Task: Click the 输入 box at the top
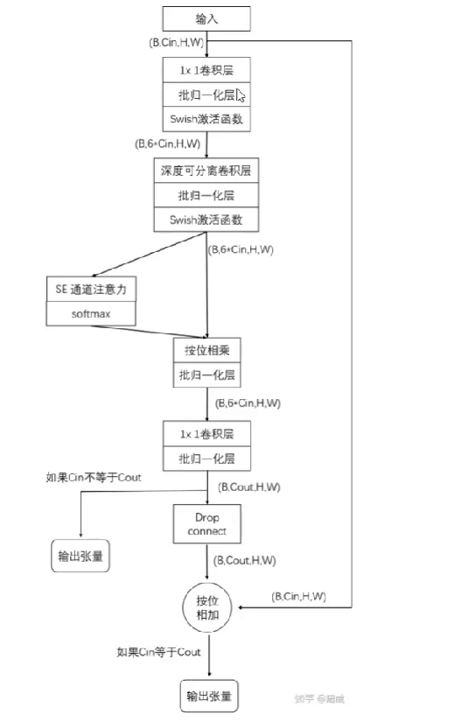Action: (206, 17)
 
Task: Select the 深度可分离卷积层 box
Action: (206, 171)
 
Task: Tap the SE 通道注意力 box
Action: (91, 288)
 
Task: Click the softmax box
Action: (91, 312)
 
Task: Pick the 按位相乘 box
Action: (206, 351)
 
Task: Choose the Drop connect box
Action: (206, 524)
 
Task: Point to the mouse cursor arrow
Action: (241, 95)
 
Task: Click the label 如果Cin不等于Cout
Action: (94, 478)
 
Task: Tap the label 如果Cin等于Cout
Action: (159, 652)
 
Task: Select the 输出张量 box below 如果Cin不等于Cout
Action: (80, 556)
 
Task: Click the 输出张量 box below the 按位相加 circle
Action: (208, 696)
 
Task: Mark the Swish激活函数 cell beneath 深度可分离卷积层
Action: (206, 220)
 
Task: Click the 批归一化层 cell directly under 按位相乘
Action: (206, 375)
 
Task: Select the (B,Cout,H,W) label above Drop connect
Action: (248, 486)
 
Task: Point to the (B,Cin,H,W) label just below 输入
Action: (176, 42)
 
